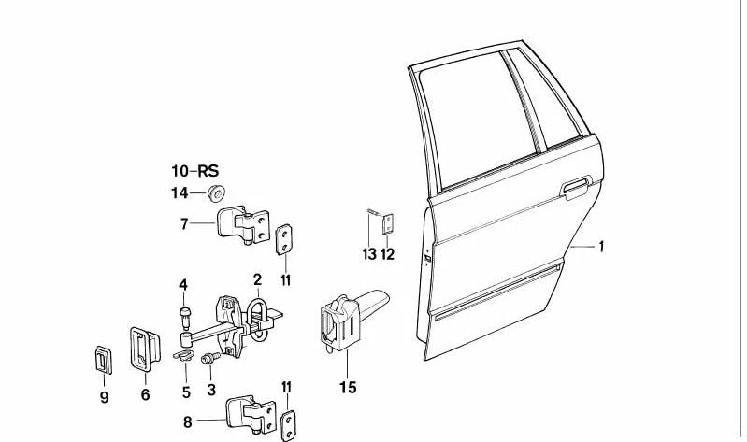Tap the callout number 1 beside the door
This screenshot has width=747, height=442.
tap(601, 247)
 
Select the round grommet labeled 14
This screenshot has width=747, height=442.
tap(217, 192)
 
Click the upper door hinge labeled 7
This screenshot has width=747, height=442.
tap(243, 225)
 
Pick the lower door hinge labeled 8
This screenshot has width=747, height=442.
tap(251, 414)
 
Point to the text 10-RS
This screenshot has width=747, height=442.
tap(194, 170)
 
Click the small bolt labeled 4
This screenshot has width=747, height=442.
tap(185, 317)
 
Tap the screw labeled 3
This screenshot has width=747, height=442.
tap(211, 357)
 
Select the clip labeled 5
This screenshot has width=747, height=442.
tap(183, 355)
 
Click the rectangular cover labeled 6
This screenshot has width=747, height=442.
tap(144, 349)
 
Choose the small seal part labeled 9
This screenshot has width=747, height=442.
tap(104, 360)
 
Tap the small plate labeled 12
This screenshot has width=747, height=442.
tap(388, 224)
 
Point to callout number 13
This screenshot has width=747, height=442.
tap(369, 254)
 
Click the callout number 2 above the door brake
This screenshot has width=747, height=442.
tap(257, 279)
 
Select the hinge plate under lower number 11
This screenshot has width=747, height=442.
tap(288, 425)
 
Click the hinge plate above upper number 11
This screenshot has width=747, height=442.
tap(284, 239)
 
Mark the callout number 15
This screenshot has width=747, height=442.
tap(348, 387)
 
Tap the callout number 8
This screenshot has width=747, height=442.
tap(188, 422)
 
